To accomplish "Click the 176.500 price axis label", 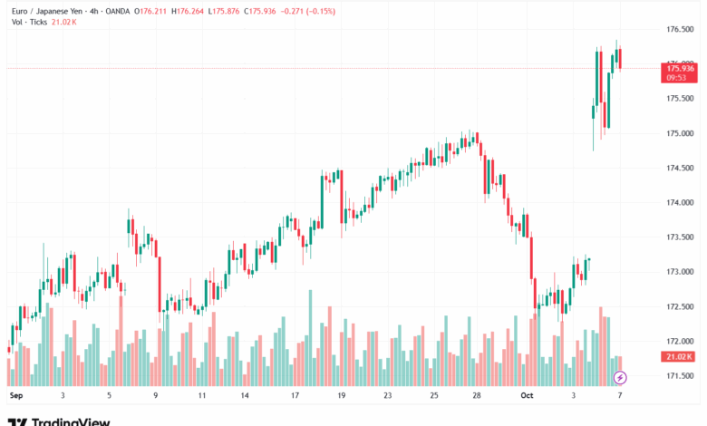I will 680,29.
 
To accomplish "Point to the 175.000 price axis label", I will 680,133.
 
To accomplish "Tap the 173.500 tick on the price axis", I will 680,237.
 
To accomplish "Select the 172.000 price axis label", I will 680,341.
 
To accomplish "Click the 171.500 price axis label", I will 680,375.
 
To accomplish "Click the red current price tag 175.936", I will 680,68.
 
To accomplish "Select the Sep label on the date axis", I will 15,396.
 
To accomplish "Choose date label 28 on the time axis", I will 478,396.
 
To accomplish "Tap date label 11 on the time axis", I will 201,396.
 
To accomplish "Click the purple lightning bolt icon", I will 620,376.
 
